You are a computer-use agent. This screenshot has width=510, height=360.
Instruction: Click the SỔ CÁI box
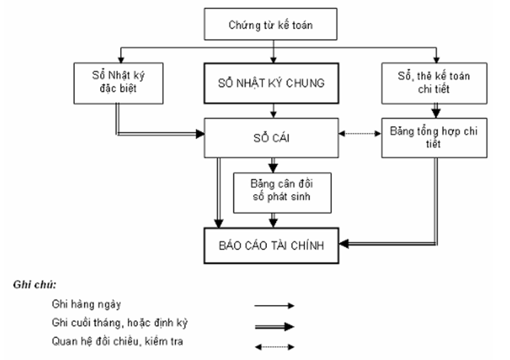pos(271,137)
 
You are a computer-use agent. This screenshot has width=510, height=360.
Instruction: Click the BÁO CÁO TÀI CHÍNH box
pos(271,244)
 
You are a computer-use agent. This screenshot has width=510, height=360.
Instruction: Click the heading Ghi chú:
pos(31,284)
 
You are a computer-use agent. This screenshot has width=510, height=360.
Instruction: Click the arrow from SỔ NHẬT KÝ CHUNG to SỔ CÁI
pos(272,109)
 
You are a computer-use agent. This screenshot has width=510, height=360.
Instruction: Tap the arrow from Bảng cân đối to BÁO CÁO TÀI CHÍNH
pos(272,219)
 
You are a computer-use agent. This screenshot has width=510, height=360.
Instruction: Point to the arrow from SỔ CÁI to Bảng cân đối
pos(272,164)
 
